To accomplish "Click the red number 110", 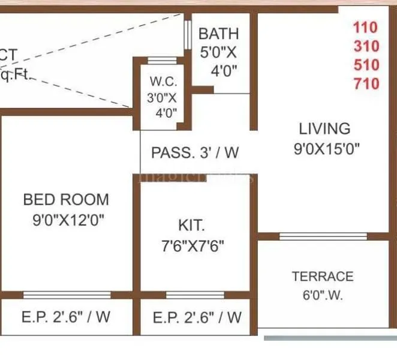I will click(x=366, y=28).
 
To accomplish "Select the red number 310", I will click(x=366, y=46).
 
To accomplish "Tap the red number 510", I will click(x=366, y=65).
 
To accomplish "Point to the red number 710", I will click(x=366, y=83).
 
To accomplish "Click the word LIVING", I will click(x=324, y=128).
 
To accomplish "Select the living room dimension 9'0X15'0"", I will click(x=326, y=149).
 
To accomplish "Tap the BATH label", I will click(x=218, y=34).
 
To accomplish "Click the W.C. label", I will click(x=162, y=80).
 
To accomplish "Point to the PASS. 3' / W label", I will click(x=195, y=152).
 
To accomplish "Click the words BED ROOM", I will click(x=66, y=199).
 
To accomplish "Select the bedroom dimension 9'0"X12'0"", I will click(x=69, y=220).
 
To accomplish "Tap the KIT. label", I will click(x=191, y=226).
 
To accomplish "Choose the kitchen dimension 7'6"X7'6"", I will click(x=195, y=246).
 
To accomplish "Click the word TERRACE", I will click(x=323, y=277).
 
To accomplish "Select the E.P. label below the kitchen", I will click(x=197, y=317).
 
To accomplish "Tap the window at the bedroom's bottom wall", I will click(x=67, y=295).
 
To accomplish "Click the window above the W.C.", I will click(x=161, y=60).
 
